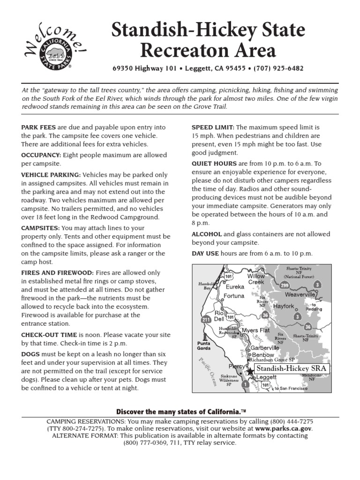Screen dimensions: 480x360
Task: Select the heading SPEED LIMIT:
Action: pyautogui.click(x=213, y=127)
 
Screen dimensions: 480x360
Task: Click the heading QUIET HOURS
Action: pyautogui.click(x=214, y=164)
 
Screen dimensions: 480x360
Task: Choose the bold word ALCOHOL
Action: pyautogui.click(x=207, y=234)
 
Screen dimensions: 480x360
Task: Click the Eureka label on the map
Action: pyautogui.click(x=235, y=286)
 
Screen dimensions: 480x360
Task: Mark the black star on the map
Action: pyautogui.click(x=249, y=370)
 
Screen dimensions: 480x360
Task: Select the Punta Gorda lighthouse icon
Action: pyautogui.click(x=203, y=337)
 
